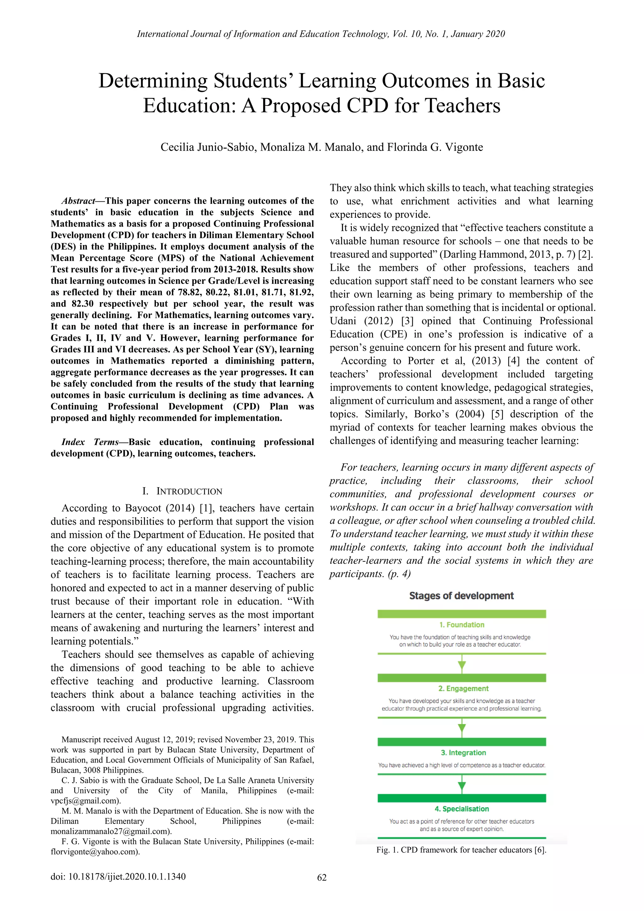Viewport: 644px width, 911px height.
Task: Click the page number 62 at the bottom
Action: [x=322, y=877]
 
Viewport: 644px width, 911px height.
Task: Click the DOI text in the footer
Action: [x=118, y=876]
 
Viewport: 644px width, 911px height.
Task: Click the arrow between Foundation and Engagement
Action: [x=462, y=665]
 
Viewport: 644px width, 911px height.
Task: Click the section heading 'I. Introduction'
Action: [x=182, y=491]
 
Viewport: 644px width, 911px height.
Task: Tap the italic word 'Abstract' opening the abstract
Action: [x=78, y=201]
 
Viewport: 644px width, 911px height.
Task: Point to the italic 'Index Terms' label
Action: [x=90, y=442]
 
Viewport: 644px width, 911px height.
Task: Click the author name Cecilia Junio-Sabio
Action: [x=205, y=147]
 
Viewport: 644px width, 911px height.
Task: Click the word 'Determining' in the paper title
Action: [x=153, y=81]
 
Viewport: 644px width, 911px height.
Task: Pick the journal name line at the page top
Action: [x=321, y=34]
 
